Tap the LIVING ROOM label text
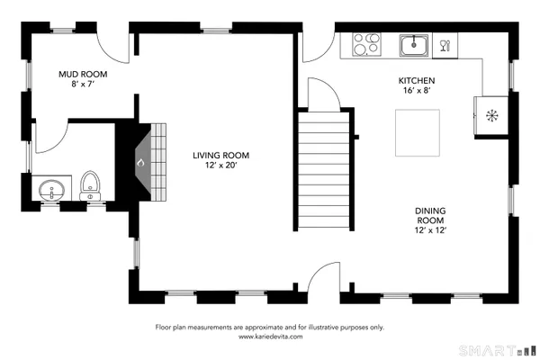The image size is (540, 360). [220, 156]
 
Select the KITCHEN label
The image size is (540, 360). [417, 80]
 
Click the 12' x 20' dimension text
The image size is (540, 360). [220, 166]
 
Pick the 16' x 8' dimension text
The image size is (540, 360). [417, 91]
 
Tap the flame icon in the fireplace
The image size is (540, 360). [139, 163]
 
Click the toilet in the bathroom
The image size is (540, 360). [89, 185]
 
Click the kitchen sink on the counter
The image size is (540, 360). [414, 44]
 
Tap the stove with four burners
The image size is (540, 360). [365, 44]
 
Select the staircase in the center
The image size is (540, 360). [323, 171]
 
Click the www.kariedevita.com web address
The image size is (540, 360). [270, 337]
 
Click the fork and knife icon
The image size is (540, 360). [444, 44]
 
